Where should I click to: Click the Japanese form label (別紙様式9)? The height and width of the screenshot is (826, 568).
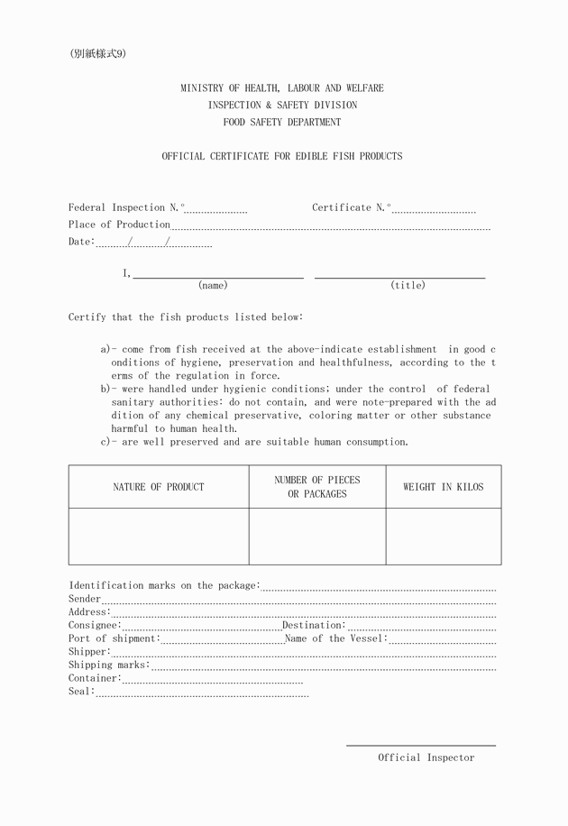(x=97, y=53)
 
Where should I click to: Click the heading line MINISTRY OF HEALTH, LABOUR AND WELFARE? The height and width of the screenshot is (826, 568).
(x=281, y=88)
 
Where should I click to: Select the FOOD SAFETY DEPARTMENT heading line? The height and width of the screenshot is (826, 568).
(x=281, y=122)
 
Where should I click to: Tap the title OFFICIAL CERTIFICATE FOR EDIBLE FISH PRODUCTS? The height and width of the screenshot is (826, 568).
(x=281, y=156)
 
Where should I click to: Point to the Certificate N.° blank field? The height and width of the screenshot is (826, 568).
(x=434, y=210)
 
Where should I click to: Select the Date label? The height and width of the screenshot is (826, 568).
(x=80, y=242)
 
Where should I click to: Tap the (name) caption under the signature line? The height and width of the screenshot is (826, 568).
(x=213, y=286)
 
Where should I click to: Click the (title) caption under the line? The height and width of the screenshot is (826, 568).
(x=408, y=286)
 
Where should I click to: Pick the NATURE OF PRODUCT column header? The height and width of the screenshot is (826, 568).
(x=159, y=487)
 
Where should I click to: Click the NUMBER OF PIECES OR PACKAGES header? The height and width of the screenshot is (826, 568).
(x=316, y=487)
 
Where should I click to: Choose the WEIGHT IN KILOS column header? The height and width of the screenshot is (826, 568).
(x=443, y=487)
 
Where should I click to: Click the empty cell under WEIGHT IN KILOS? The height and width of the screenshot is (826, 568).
(x=443, y=537)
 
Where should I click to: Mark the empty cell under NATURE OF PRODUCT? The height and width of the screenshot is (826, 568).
(x=159, y=537)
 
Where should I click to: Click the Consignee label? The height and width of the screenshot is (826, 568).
(x=94, y=625)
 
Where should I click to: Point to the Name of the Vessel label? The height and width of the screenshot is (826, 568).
(x=335, y=638)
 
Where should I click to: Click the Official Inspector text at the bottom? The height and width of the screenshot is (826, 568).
(x=426, y=757)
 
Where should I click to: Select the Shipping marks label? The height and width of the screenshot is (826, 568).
(x=108, y=665)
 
